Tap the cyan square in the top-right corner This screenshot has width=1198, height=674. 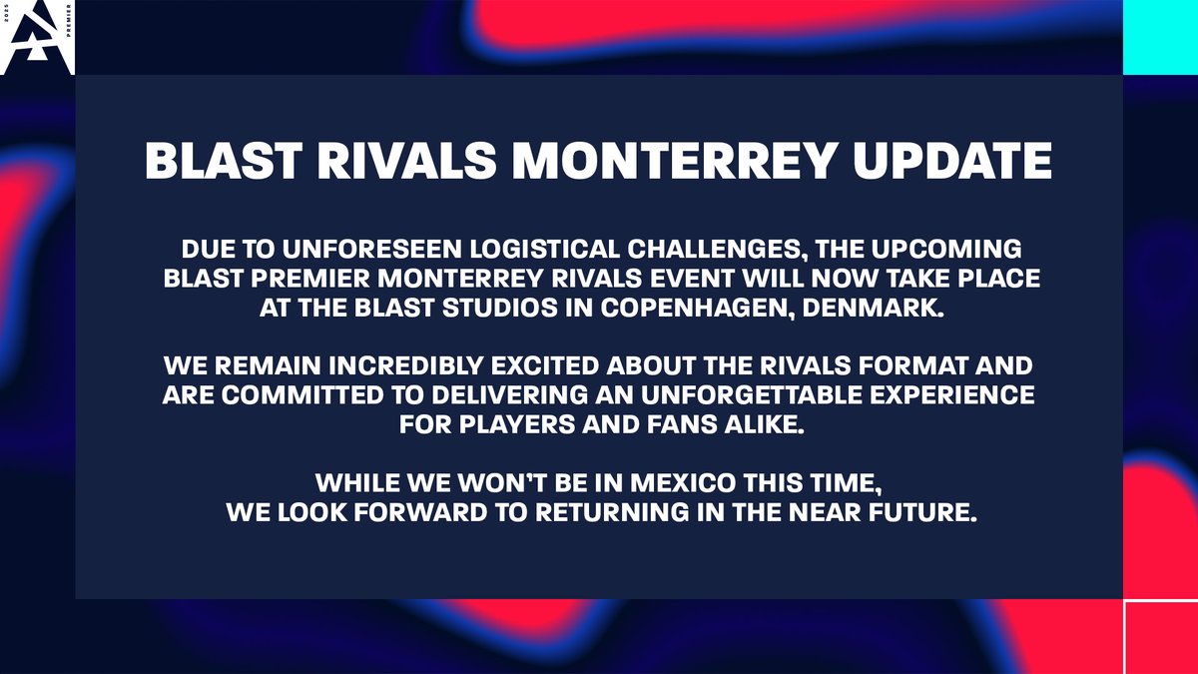click(x=1160, y=37)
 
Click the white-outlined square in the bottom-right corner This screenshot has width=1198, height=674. click(x=1160, y=637)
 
